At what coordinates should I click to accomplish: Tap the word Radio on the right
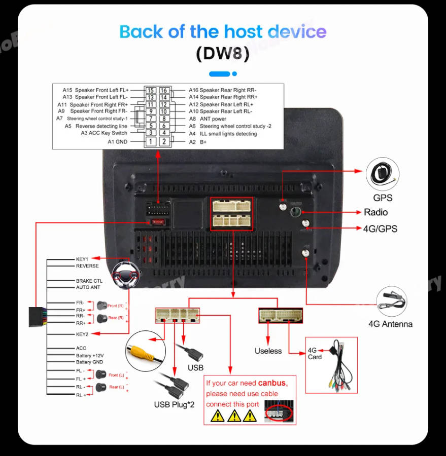[375, 212]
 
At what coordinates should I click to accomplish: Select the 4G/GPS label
[380, 229]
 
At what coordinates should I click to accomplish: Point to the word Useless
[268, 351]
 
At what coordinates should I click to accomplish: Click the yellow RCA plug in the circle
[145, 351]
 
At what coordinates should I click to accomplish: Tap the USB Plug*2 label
[174, 405]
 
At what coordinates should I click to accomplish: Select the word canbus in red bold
[272, 383]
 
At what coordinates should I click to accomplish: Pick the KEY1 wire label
[82, 259]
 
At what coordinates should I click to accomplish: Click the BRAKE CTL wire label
[89, 281]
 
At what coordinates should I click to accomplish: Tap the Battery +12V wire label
[89, 355]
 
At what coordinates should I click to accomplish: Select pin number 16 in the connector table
[164, 90]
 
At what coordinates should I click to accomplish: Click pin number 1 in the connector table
[150, 142]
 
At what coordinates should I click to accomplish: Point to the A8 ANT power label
[208, 119]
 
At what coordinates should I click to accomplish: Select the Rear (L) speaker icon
[100, 388]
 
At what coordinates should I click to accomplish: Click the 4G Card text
[315, 354]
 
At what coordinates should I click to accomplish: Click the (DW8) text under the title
[223, 54]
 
